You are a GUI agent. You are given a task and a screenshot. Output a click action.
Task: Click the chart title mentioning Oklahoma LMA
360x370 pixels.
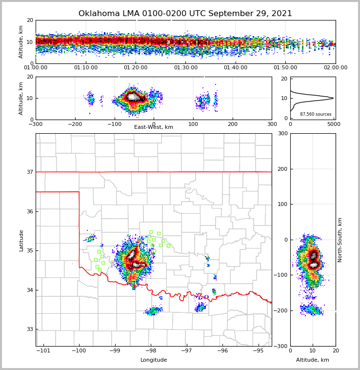tap(185, 14)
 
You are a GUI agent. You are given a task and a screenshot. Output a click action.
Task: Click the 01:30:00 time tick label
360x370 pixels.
tap(186, 68)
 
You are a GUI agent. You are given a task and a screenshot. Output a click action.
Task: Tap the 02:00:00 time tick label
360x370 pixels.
tap(336, 68)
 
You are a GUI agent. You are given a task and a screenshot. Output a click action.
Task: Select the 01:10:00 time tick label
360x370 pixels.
tap(86, 68)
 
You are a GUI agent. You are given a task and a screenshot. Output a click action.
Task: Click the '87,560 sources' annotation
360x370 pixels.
tap(316, 114)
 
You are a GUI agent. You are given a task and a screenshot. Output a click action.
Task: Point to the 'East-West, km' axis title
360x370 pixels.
tap(154, 127)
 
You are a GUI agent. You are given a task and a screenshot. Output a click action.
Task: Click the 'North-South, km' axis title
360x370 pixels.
tap(340, 240)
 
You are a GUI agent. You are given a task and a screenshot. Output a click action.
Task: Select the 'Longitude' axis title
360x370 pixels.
tap(154, 360)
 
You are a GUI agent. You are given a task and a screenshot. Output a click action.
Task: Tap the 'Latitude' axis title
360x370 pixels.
tap(21, 240)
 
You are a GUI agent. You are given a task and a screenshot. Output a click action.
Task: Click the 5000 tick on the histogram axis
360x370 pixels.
tap(334, 124)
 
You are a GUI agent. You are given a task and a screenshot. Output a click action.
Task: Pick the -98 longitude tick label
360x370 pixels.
tap(151, 351)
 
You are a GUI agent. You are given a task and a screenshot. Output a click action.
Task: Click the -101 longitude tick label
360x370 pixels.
tap(43, 351)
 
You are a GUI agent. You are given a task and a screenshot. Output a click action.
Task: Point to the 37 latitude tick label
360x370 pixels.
tap(30, 172)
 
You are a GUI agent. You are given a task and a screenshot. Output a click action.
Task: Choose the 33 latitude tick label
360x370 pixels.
tap(30, 329)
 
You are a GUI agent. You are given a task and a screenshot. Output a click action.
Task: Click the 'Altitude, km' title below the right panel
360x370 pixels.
tap(313, 360)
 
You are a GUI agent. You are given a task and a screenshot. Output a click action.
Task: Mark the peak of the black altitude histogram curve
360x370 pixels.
tap(333, 98)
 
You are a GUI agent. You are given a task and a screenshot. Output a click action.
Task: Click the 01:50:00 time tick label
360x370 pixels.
tap(285, 68)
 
